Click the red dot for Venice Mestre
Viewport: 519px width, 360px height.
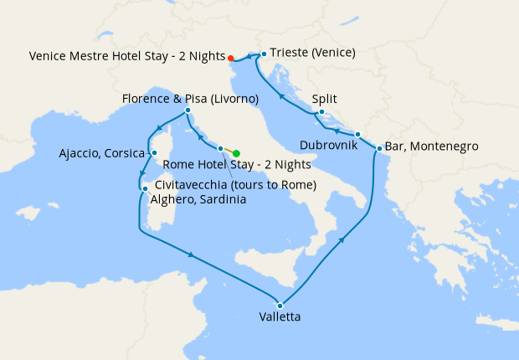(x=230, y=58)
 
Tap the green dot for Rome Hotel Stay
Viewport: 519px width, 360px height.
(x=237, y=153)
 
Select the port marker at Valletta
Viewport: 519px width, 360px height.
(x=280, y=305)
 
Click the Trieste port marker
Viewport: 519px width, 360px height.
(x=264, y=54)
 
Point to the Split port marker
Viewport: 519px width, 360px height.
(x=321, y=111)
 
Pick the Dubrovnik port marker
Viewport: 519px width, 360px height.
(x=357, y=134)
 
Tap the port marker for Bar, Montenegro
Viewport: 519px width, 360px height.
(x=379, y=149)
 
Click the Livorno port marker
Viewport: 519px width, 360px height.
(x=188, y=111)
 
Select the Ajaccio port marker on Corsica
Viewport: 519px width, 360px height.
(x=153, y=152)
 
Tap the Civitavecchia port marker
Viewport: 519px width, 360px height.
(x=220, y=149)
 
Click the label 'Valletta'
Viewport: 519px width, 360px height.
(x=280, y=318)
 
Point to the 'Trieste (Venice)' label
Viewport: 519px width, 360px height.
(x=313, y=53)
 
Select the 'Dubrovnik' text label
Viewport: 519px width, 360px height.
(x=327, y=146)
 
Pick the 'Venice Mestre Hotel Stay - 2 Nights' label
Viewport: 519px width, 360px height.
(x=126, y=57)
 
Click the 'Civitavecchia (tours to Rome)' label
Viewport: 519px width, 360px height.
(x=235, y=184)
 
